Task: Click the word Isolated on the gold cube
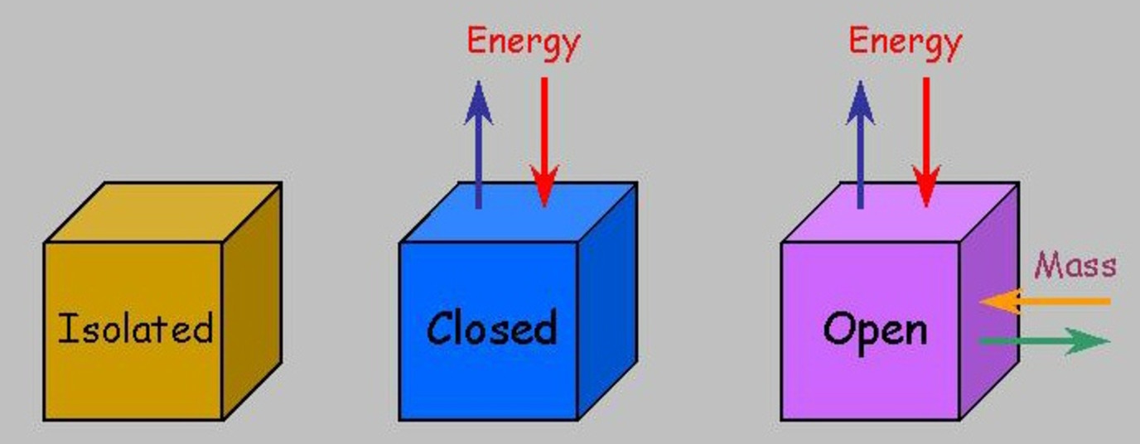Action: pos(135,328)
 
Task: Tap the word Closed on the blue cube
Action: pos(491,328)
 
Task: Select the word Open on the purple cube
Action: pos(875,330)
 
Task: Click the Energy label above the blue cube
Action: pos(523,42)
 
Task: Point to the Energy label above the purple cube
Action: pos(905,42)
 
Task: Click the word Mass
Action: pos(1075,266)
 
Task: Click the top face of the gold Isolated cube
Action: pos(162,212)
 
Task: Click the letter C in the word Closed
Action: pos(440,329)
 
